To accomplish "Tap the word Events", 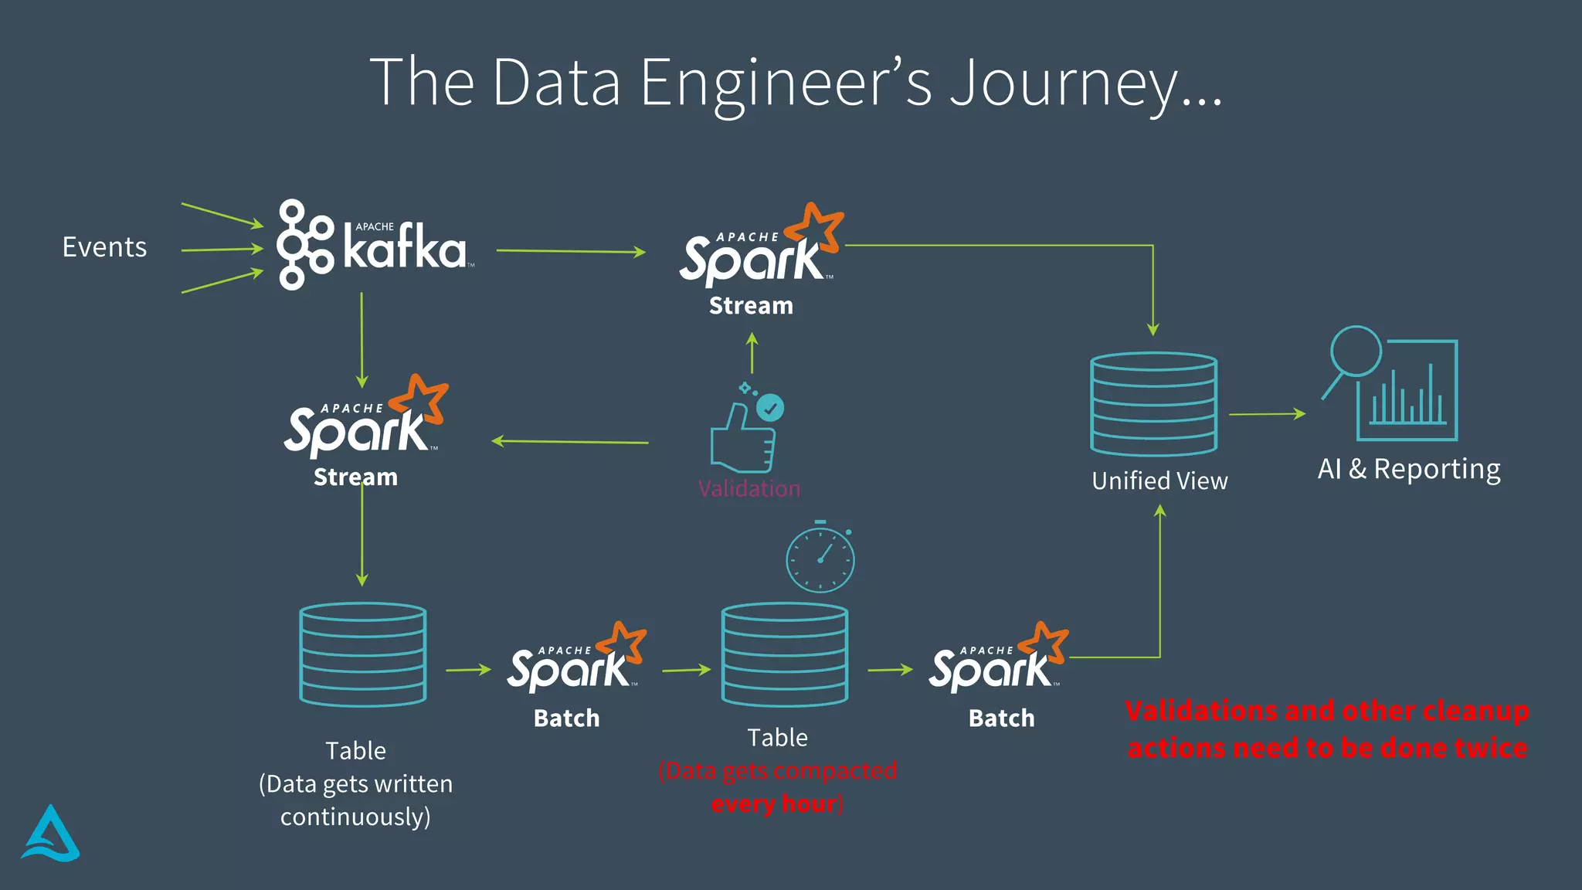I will [104, 247].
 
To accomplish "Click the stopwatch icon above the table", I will [820, 558].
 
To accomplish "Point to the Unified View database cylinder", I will [1153, 404].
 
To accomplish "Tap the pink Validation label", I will [749, 488].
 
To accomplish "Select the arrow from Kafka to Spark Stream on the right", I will [571, 251].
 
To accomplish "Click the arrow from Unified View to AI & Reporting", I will [1267, 414].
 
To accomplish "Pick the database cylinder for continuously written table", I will [362, 654].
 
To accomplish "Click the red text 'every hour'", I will [775, 803].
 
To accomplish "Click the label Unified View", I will [1159, 481].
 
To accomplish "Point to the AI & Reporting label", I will [1409, 469].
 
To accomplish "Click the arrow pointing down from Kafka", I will [362, 340].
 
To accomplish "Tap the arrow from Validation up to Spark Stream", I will [752, 353].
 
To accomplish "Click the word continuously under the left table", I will [355, 817].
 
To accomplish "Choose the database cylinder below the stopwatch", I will [784, 654].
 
